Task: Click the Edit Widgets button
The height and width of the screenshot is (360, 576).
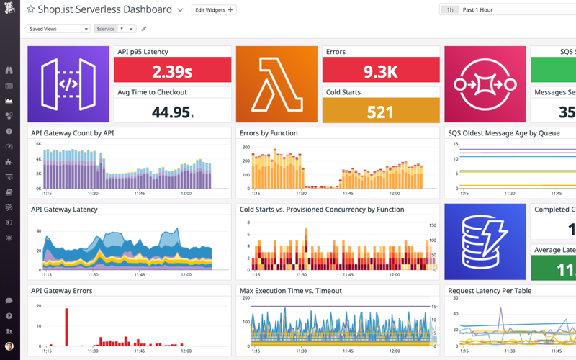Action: (214, 10)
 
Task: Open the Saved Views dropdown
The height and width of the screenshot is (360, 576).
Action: (58, 29)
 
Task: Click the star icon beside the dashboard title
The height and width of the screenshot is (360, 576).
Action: (31, 10)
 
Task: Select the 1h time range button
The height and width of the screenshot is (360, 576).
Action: (450, 10)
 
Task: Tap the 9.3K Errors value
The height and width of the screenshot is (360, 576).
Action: (380, 71)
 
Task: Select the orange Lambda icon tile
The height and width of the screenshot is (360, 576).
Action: (276, 84)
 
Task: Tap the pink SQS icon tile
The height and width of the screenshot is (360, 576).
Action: (485, 84)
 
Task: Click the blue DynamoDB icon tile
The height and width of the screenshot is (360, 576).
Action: (485, 242)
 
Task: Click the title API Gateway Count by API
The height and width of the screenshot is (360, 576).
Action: (73, 133)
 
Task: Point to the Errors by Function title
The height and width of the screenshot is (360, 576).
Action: (269, 133)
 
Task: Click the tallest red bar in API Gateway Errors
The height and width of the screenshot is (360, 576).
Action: (66, 317)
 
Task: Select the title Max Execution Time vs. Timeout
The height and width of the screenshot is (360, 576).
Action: (290, 291)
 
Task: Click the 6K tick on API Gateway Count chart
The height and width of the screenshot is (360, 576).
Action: (38, 145)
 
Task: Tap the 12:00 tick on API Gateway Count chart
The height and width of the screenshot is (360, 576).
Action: (185, 193)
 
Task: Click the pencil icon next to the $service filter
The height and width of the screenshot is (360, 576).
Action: (144, 29)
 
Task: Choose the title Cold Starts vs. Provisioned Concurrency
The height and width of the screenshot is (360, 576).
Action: (321, 210)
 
